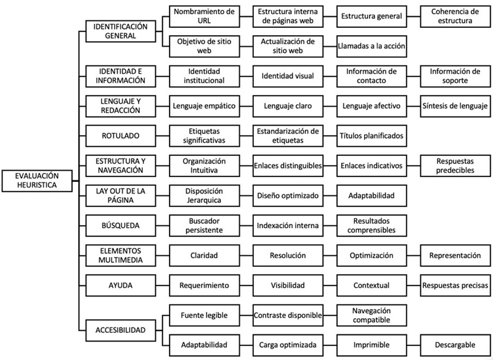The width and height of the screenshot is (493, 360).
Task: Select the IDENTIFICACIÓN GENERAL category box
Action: (120, 30)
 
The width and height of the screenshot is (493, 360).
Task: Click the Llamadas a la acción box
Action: (371, 46)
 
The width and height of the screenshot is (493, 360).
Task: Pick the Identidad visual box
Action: (288, 76)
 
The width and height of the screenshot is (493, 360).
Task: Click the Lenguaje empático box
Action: (203, 106)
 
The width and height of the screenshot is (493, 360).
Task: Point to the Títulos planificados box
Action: (371, 136)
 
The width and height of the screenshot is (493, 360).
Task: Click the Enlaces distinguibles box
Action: (288, 166)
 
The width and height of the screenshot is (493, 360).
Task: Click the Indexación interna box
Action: (288, 226)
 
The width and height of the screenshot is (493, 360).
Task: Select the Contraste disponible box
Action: (288, 316)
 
